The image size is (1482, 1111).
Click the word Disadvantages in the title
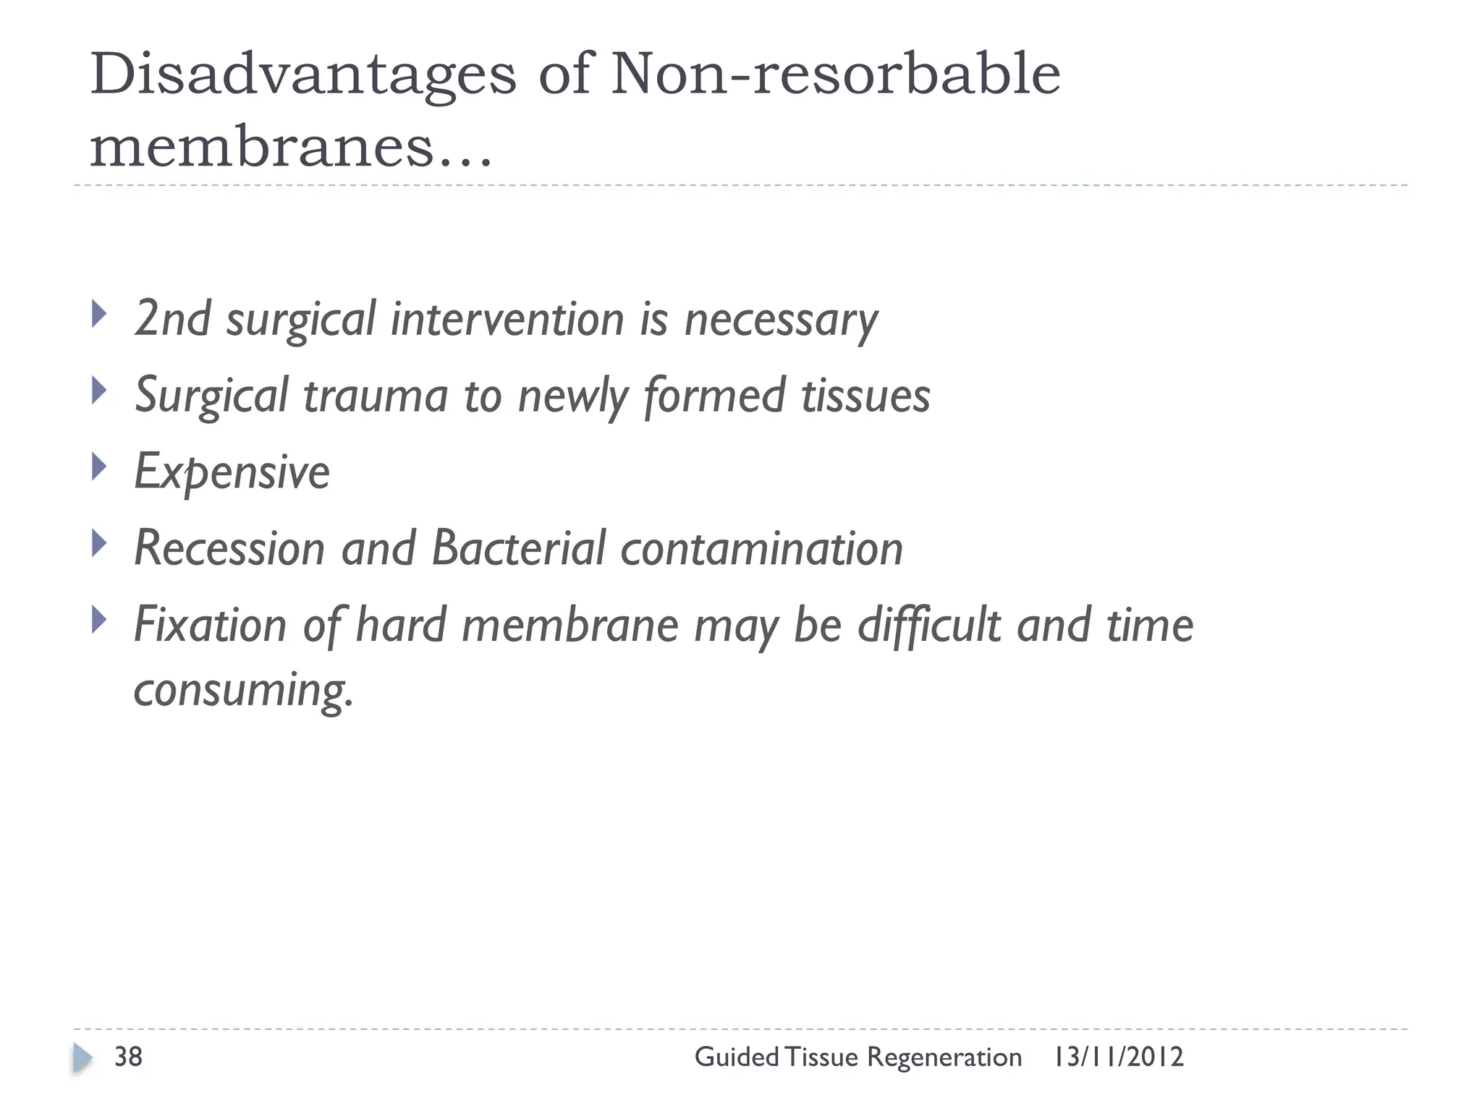pos(302,75)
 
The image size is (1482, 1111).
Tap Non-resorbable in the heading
pos(835,75)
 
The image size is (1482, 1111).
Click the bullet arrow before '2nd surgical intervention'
pos(100,315)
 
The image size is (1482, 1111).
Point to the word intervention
pos(507,319)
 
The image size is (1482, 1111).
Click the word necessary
pos(781,320)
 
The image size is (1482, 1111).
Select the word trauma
pos(376,396)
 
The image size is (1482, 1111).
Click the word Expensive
pos(232,472)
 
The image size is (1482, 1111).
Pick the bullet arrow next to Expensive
pos(100,467)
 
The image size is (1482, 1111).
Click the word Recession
pos(229,548)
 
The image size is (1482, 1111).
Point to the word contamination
pos(762,548)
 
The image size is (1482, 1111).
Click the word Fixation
pos(211,625)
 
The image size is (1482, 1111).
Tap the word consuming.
pos(243,690)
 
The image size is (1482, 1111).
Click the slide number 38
pos(128,1057)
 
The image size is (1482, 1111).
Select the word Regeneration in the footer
pos(944,1057)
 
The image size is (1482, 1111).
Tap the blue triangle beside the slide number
pos(82,1058)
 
